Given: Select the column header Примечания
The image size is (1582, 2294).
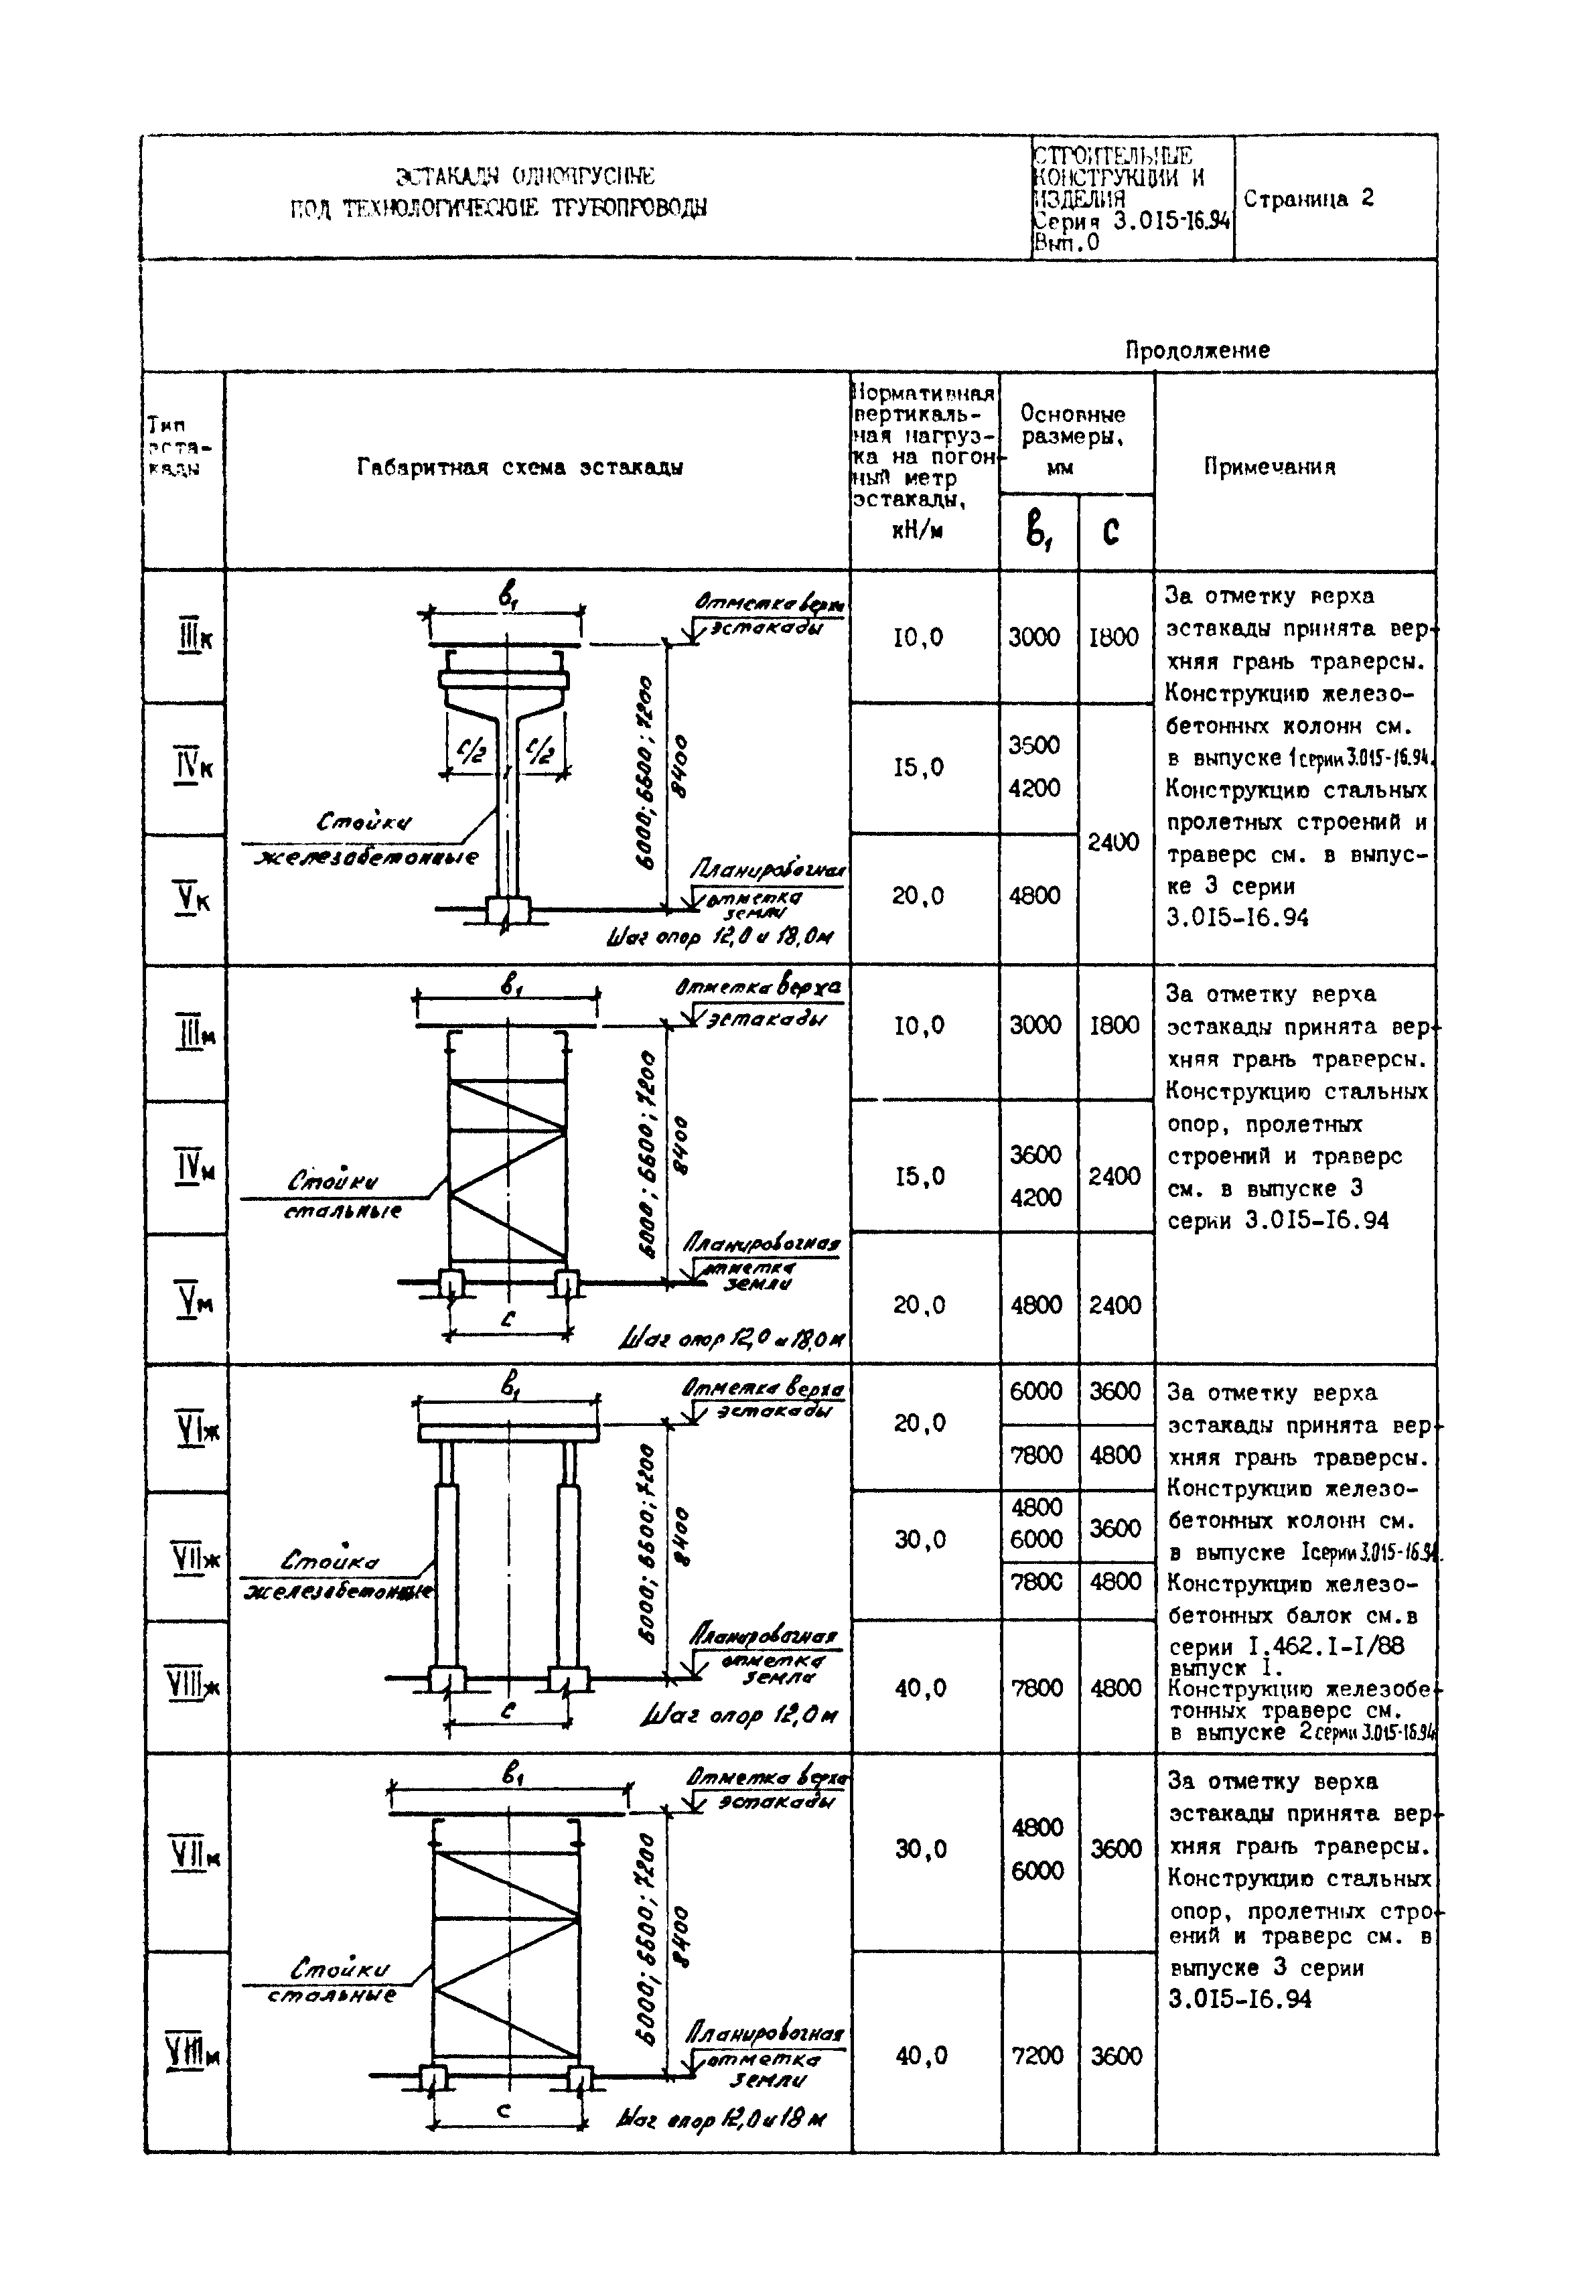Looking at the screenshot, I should [1270, 467].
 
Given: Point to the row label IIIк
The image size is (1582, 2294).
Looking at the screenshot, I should [194, 638].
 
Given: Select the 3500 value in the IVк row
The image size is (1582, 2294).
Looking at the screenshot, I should [1034, 745].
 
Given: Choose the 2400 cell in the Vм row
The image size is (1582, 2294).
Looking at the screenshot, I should [1115, 1305].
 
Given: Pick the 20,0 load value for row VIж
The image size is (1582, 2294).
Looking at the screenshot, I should [920, 1423].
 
